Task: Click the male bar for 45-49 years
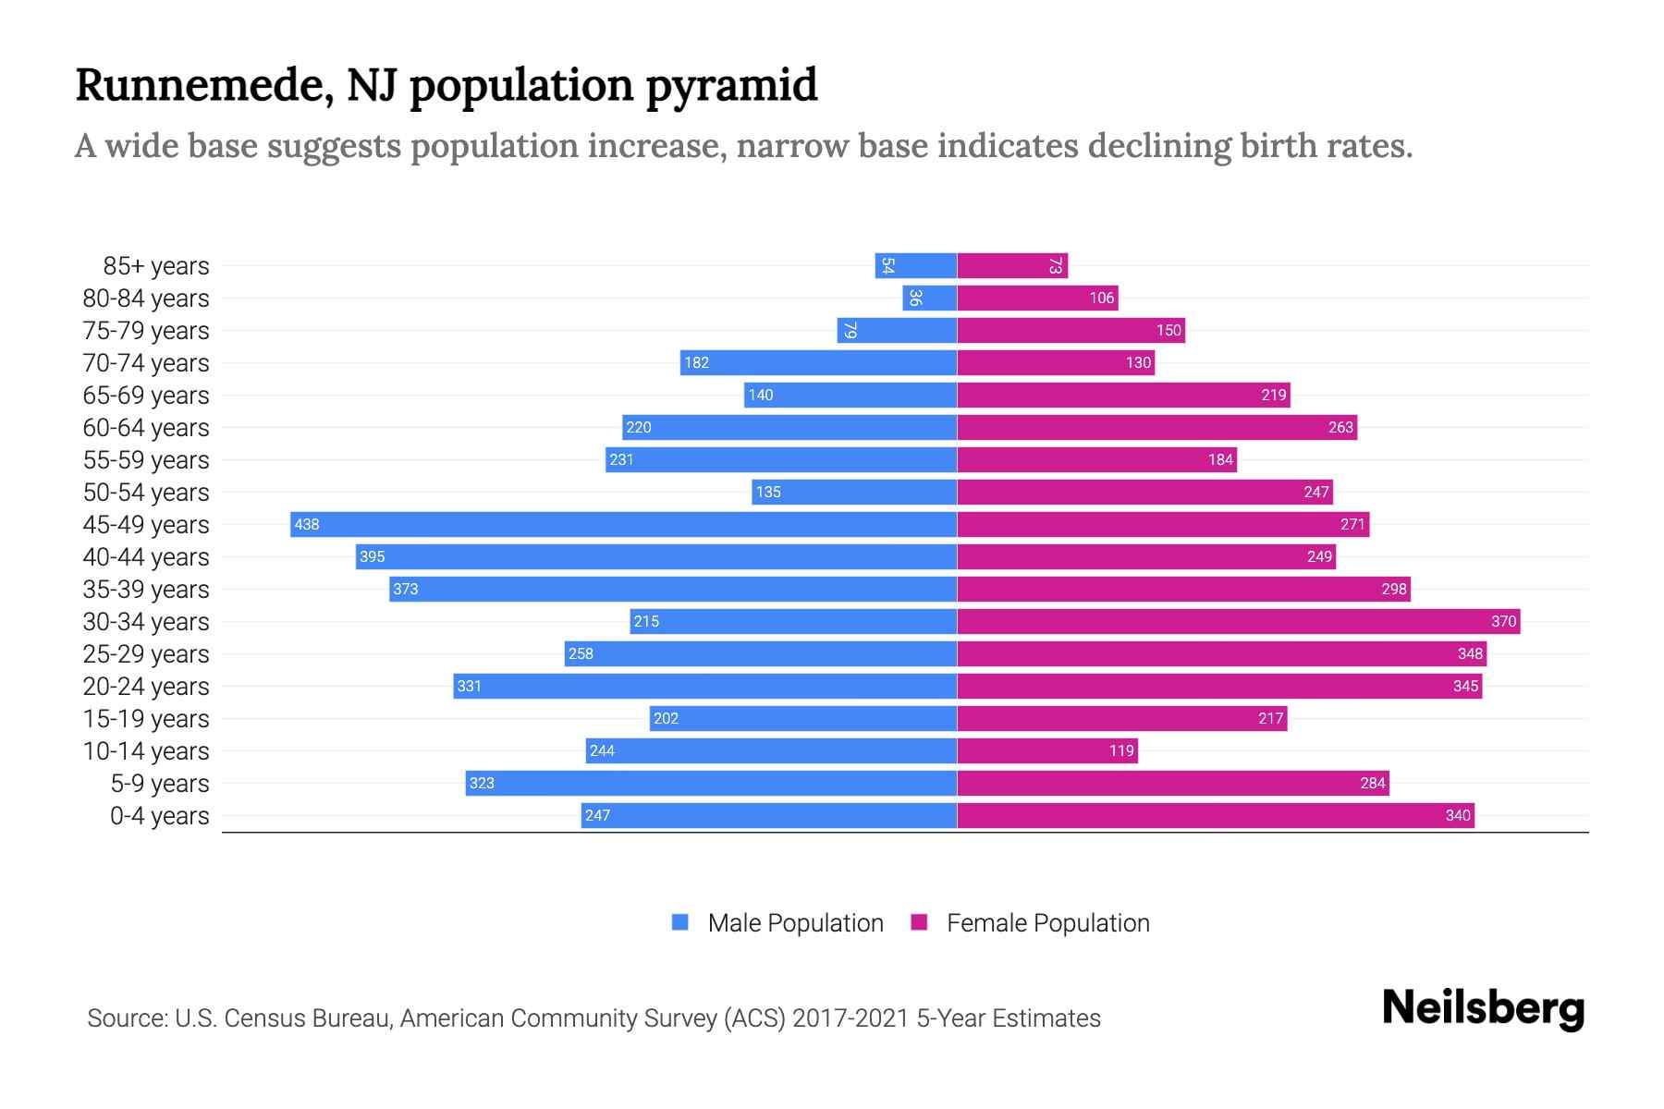(x=624, y=524)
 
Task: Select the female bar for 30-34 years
(x=1239, y=621)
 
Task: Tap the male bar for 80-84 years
(x=930, y=298)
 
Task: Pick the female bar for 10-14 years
(x=1047, y=750)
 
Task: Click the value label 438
(x=307, y=524)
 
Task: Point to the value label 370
(x=1503, y=621)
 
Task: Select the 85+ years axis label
(x=156, y=266)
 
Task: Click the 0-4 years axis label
(x=159, y=816)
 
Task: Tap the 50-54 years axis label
(x=146, y=493)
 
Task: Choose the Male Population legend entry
(x=795, y=922)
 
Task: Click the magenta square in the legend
(x=919, y=922)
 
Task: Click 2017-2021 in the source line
(x=850, y=1018)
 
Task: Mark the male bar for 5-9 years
(x=711, y=783)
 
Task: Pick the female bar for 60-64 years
(x=1156, y=427)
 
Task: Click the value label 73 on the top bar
(x=1055, y=266)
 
